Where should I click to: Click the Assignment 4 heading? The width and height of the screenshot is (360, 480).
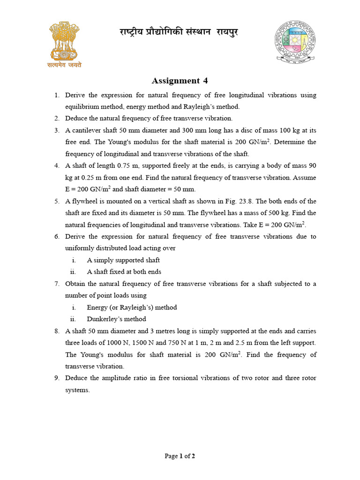coord(180,81)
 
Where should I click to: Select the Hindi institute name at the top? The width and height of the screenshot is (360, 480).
coord(178,33)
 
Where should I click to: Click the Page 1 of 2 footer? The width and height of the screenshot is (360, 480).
coord(180,456)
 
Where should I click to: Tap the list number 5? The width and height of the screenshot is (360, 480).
coord(57,201)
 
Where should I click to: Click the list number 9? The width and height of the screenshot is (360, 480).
coord(57,378)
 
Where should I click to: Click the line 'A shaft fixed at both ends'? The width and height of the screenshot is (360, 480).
coord(124,271)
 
